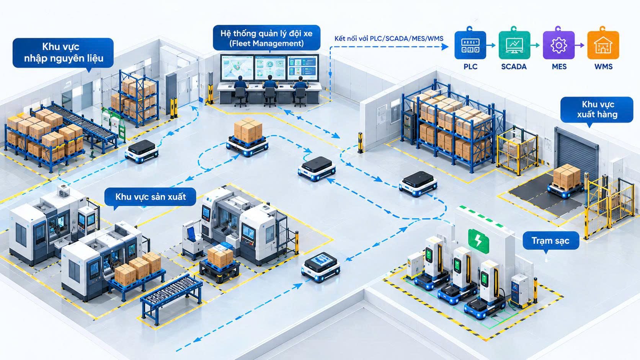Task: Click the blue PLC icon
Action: [470, 45]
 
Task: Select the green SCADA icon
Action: [514, 45]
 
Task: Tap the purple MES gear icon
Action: [558, 45]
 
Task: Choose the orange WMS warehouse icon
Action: [603, 45]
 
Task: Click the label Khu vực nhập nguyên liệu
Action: [63, 53]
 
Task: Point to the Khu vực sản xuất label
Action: [150, 197]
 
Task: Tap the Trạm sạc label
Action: [550, 241]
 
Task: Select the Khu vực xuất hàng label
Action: [597, 110]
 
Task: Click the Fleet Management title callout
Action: [266, 38]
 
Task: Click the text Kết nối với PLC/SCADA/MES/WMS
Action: [389, 39]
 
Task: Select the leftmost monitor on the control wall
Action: [237, 68]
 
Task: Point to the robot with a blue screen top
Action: [320, 267]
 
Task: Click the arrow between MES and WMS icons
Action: [580, 45]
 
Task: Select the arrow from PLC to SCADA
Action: [491, 45]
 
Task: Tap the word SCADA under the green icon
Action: [514, 67]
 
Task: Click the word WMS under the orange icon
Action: [603, 67]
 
